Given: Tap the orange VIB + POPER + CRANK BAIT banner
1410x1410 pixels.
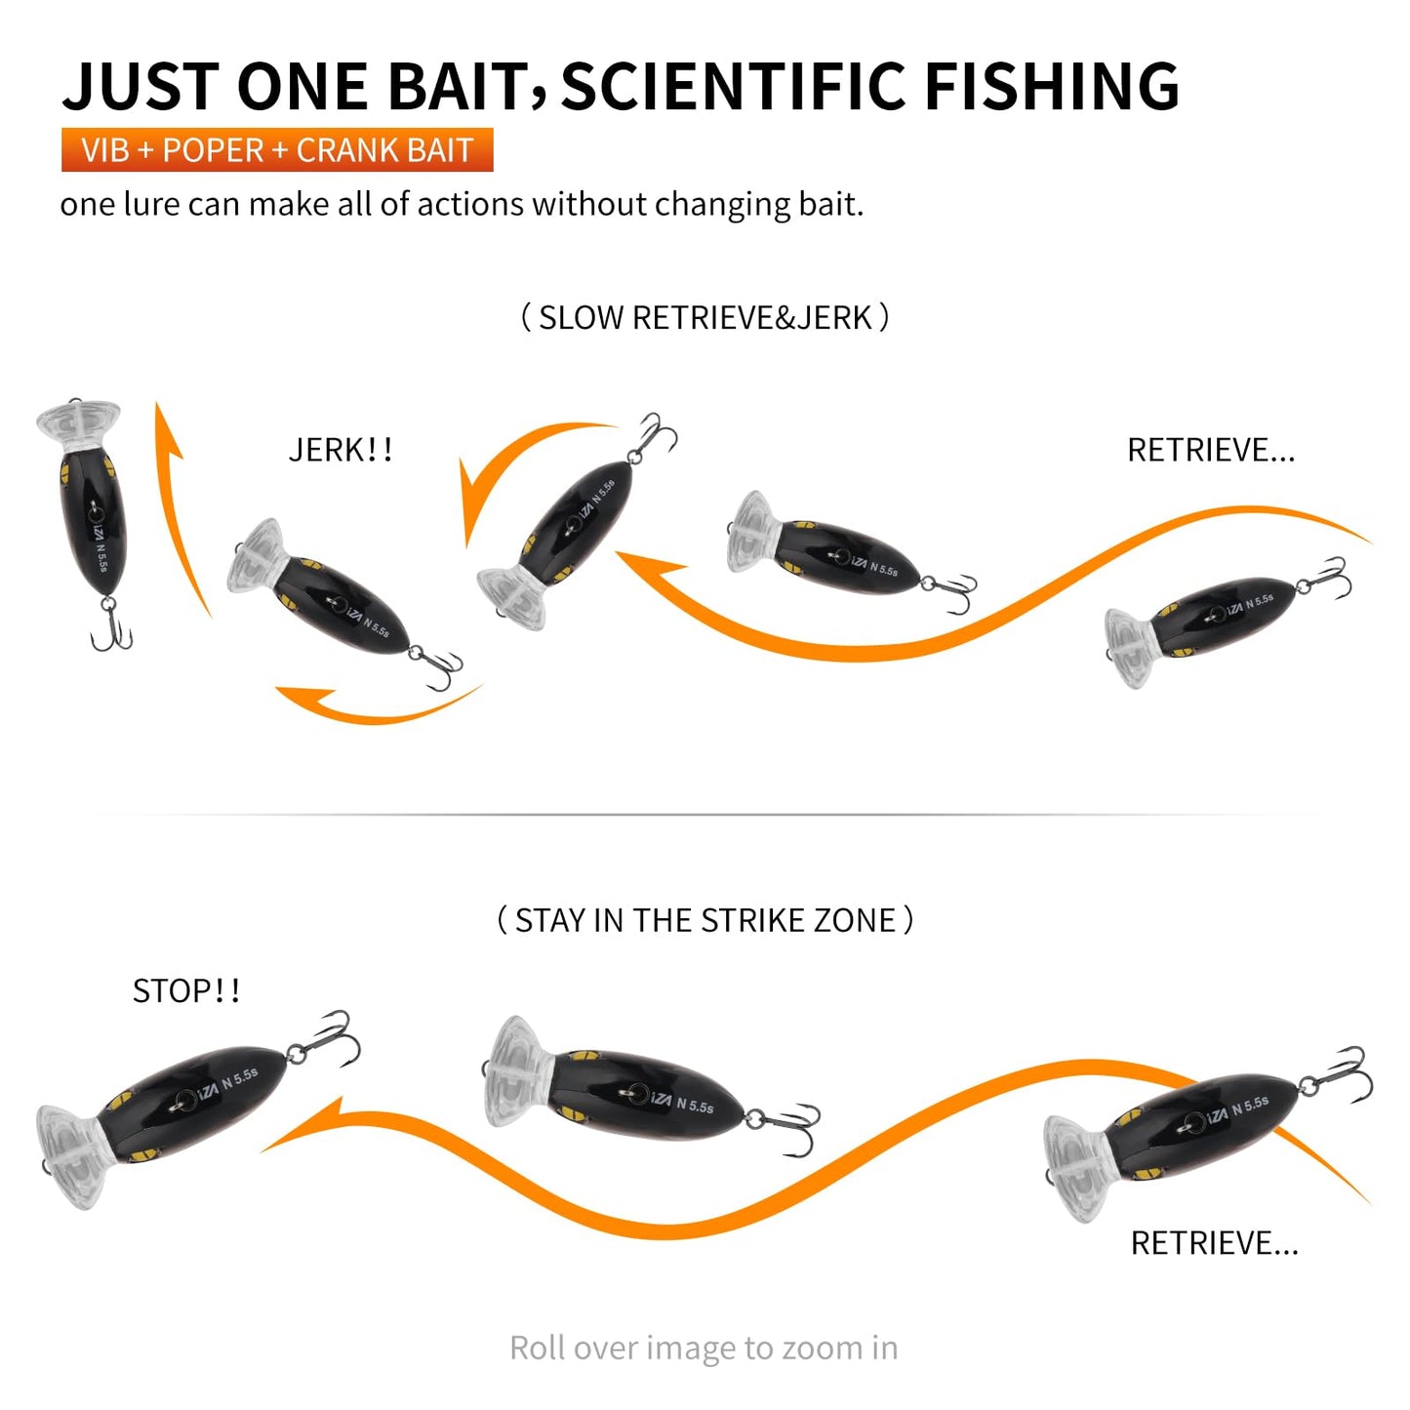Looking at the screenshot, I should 277,150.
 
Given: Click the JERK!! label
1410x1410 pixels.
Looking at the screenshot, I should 341,450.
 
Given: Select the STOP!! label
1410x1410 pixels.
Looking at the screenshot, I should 186,991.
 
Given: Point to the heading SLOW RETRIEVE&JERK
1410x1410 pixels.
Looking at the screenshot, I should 705,318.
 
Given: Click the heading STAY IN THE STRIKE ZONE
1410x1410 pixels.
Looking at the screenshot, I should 705,920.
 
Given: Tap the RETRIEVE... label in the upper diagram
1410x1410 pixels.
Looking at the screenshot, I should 1211,450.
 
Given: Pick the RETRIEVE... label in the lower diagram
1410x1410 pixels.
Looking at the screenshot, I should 1214,1243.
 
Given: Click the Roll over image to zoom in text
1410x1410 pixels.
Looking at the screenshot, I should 704,1348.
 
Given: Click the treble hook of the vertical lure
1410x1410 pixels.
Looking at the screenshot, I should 111,627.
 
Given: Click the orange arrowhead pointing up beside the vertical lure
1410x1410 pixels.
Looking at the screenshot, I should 168,429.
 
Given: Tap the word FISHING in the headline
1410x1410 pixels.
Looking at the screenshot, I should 1051,86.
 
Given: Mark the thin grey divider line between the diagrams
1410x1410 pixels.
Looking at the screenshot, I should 705,813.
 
